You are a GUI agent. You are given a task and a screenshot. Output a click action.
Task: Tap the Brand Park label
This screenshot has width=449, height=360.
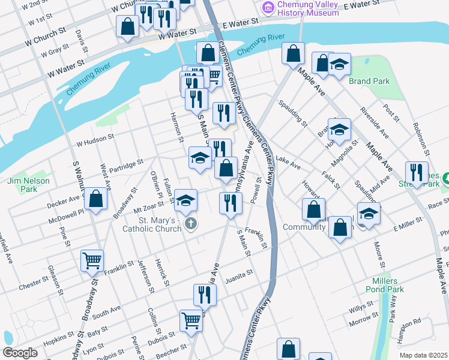(x=369, y=82)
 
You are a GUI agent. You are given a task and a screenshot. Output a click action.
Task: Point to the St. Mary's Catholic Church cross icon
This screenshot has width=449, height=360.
(x=190, y=224)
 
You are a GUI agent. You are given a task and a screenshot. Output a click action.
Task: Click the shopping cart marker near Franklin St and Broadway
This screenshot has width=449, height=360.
(x=92, y=260)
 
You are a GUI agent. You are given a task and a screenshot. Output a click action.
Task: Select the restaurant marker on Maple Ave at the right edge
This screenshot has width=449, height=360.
(x=417, y=172)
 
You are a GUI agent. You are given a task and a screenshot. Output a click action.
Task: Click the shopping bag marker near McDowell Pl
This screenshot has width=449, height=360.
(x=95, y=199)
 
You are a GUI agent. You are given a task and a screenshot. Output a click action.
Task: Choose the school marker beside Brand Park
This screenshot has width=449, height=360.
(x=339, y=64)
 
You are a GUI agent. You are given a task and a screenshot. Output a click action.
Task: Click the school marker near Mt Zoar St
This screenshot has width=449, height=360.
(x=186, y=200)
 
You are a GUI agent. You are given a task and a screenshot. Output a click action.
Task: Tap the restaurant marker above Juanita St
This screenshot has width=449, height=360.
(x=205, y=295)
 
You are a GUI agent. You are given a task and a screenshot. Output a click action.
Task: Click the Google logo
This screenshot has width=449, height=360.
(x=20, y=353)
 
